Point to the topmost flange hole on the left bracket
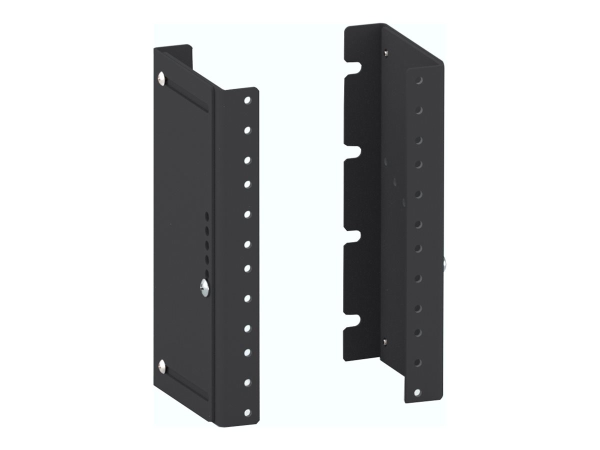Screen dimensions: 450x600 coord(247,100)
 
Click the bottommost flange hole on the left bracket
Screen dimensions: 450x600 coord(247,412)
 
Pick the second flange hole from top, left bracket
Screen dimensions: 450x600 coord(247,130)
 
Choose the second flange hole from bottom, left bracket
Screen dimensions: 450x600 coord(247,382)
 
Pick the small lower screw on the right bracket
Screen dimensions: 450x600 coord(384,341)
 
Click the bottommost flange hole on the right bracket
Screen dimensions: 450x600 coord(417,392)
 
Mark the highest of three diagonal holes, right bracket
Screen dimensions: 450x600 coord(385,161)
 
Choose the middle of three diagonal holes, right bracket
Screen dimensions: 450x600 coord(394,181)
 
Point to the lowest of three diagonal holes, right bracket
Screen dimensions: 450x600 coord(403,202)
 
